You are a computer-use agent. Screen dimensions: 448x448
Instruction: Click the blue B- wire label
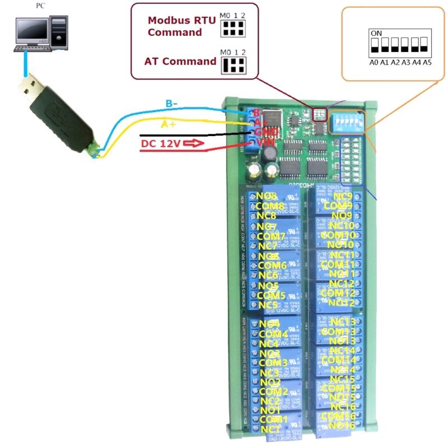click(171, 104)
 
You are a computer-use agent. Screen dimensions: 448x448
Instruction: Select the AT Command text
click(180, 61)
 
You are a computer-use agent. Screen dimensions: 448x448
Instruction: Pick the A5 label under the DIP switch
click(427, 62)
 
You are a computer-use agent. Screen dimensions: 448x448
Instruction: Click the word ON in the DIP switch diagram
click(376, 34)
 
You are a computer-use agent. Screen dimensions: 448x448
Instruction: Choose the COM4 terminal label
click(274, 334)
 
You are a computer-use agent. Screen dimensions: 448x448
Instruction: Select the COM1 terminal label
click(274, 419)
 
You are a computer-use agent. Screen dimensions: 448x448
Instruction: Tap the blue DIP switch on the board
click(346, 120)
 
